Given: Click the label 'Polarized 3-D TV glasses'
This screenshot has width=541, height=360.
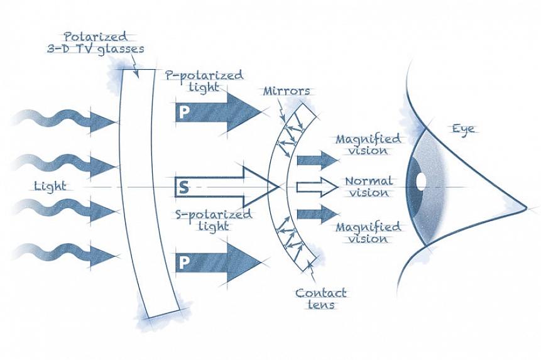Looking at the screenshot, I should tap(96, 42).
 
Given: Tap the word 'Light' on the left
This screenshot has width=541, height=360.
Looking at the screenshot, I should tap(51, 186).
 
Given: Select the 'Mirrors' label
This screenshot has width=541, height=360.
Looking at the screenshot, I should tap(287, 91).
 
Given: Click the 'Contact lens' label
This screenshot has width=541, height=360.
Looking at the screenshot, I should tap(320, 298).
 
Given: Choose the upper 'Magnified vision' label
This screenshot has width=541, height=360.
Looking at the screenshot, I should tap(368, 145).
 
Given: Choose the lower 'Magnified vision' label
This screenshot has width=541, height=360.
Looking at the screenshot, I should tap(368, 232).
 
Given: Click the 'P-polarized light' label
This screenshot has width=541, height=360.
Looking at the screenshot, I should tap(203, 81).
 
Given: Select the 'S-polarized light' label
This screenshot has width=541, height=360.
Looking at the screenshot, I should tap(214, 220).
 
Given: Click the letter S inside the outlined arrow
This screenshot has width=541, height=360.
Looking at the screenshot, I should tap(183, 187).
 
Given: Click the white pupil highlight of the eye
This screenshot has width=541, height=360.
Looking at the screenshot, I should tap(420, 180).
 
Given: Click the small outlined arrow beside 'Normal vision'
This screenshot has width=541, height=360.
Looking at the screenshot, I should tap(317, 187).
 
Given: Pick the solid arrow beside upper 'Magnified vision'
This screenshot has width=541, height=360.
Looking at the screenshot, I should tap(317, 160).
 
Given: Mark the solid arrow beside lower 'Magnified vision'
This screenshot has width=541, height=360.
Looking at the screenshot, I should tap(317, 214).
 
